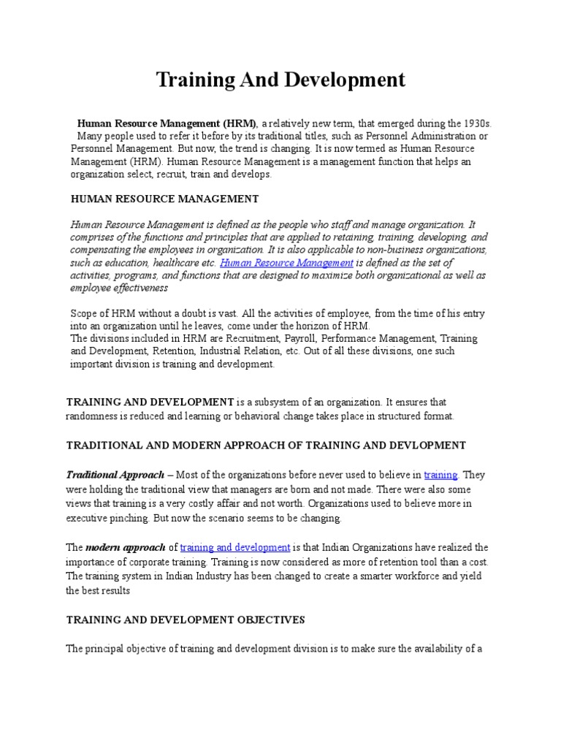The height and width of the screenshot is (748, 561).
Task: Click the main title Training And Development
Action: pyautogui.click(x=280, y=80)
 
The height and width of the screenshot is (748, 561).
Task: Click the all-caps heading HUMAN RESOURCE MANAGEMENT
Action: pyautogui.click(x=164, y=198)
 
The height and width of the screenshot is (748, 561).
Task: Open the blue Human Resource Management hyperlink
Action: pyautogui.click(x=287, y=262)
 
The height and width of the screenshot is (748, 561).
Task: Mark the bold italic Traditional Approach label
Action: pyautogui.click(x=115, y=475)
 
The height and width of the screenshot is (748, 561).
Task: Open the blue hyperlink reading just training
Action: pyautogui.click(x=440, y=475)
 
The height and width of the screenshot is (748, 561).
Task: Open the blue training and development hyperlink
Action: pyautogui.click(x=235, y=547)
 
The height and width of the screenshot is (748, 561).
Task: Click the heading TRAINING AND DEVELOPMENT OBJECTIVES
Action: pyautogui.click(x=186, y=619)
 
